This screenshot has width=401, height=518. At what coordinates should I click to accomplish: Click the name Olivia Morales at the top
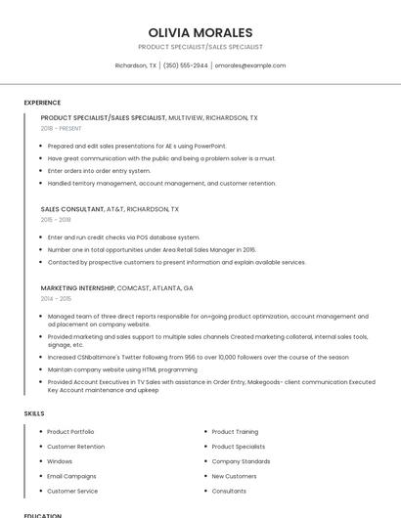[200, 32]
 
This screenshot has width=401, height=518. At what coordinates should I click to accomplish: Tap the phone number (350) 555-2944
[186, 65]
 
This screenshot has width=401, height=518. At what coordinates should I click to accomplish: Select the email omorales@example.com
[250, 65]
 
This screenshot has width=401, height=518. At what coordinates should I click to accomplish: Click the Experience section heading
[42, 103]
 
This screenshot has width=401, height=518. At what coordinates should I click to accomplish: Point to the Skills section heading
[34, 413]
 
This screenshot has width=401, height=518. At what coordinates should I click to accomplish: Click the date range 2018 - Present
[61, 128]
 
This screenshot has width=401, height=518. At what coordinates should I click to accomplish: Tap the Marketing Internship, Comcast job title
[116, 288]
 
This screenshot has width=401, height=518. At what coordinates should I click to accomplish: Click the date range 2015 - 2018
[56, 220]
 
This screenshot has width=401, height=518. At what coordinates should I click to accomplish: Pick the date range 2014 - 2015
[56, 299]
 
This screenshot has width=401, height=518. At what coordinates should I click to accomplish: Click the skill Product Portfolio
[70, 432]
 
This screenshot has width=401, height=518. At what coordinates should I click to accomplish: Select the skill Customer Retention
[75, 447]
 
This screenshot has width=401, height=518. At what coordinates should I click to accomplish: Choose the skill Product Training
[235, 432]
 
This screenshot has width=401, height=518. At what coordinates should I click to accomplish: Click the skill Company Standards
[241, 461]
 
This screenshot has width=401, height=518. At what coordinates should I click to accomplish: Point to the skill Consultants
[229, 491]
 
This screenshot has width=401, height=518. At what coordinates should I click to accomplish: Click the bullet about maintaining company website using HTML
[122, 369]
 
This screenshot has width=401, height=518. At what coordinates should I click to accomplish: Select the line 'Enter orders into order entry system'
[99, 171]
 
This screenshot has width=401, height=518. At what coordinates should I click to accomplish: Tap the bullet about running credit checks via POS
[123, 237]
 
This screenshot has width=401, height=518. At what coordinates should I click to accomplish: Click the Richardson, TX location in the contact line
[135, 65]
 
